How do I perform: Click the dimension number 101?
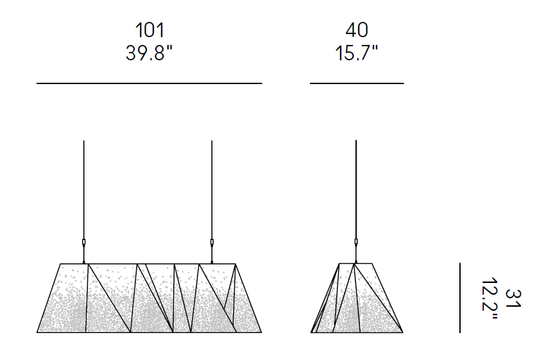[x=149, y=30]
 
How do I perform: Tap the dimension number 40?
[x=357, y=30]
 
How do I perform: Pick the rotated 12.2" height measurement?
[x=490, y=298]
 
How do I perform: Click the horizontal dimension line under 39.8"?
[x=149, y=83]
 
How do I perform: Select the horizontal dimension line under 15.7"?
[x=357, y=83]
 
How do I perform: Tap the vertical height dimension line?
[x=459, y=298]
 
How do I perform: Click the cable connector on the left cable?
[x=84, y=243]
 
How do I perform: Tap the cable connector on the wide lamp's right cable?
[x=212, y=243]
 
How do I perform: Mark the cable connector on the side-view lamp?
[x=356, y=243]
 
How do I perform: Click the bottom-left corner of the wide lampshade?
[x=38, y=332]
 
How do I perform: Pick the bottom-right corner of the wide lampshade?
[x=261, y=332]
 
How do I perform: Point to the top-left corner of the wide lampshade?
[x=60, y=264]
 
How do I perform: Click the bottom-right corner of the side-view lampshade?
[x=402, y=332]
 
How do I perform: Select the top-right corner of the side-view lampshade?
[x=373, y=264]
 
